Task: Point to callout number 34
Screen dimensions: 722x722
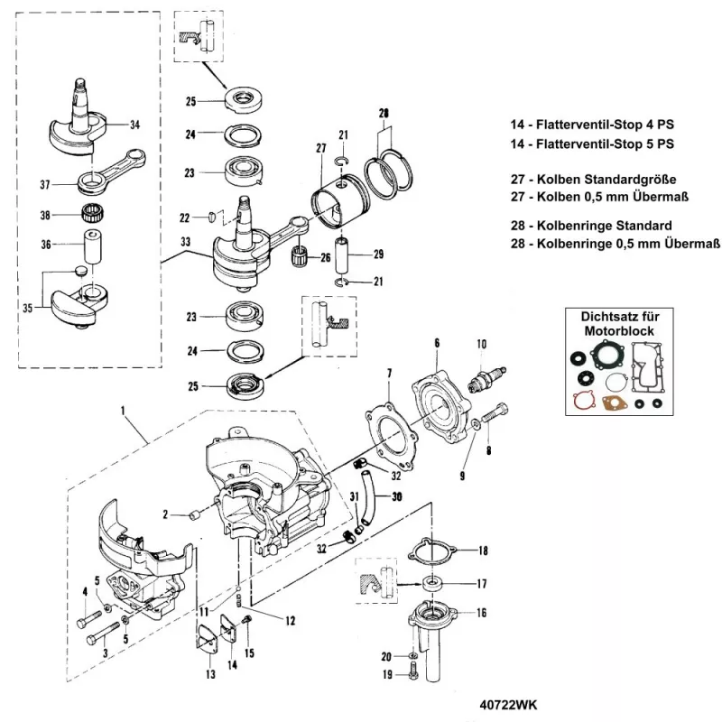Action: click(x=135, y=125)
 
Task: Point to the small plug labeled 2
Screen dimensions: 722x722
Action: click(x=192, y=515)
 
